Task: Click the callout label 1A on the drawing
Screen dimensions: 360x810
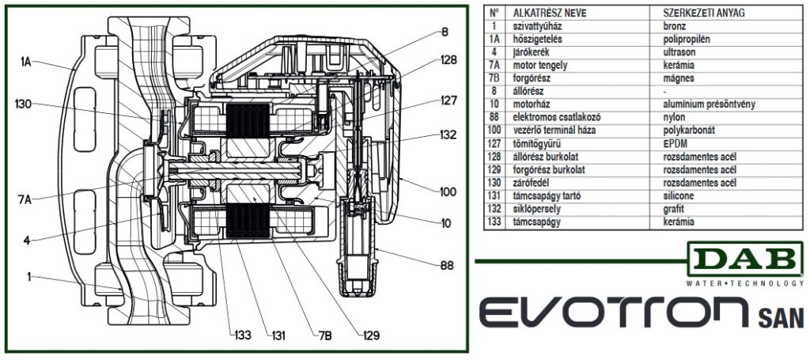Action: [27, 59]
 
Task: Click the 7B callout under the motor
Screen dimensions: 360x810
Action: [324, 335]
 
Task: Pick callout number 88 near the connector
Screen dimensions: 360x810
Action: [446, 266]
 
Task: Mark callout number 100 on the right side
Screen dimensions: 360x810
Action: [446, 191]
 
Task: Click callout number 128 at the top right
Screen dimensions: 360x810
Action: [448, 60]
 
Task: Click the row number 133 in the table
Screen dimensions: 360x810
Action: [494, 223]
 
